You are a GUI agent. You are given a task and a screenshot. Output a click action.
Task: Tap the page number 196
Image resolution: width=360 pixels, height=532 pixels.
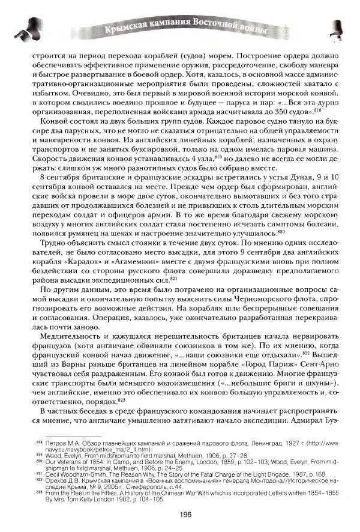[184, 513]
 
